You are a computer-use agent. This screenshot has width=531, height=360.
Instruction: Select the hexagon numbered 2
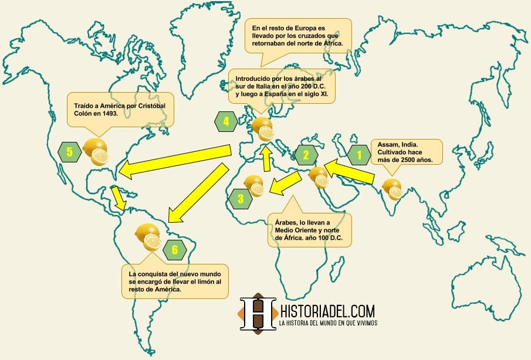[306, 155]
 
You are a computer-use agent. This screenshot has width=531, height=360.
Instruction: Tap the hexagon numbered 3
[241, 199]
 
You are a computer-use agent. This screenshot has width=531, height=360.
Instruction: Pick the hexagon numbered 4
[226, 123]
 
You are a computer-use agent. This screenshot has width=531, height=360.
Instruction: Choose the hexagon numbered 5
[69, 152]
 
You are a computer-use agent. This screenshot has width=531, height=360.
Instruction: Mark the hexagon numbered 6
[175, 250]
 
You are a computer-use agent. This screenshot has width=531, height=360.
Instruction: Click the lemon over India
[392, 189]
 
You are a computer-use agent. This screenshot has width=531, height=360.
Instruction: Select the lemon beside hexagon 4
[262, 128]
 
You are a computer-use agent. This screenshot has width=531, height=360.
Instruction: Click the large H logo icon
[258, 314]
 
